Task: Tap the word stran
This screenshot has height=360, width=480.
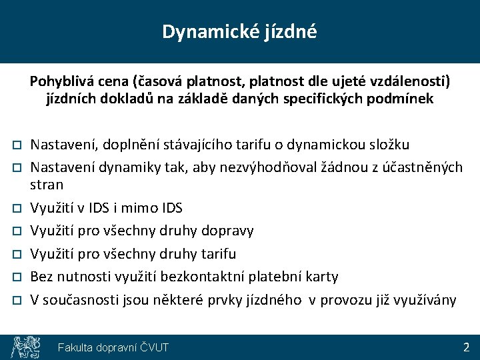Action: coord(47,185)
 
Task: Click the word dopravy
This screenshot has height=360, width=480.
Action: coord(228,231)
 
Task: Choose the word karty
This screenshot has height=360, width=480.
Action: coord(322,276)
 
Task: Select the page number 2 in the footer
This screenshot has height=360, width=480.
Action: coord(466,347)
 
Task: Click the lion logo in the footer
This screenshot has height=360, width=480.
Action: coord(24,347)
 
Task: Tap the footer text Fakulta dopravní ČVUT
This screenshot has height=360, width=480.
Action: coord(113,347)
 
